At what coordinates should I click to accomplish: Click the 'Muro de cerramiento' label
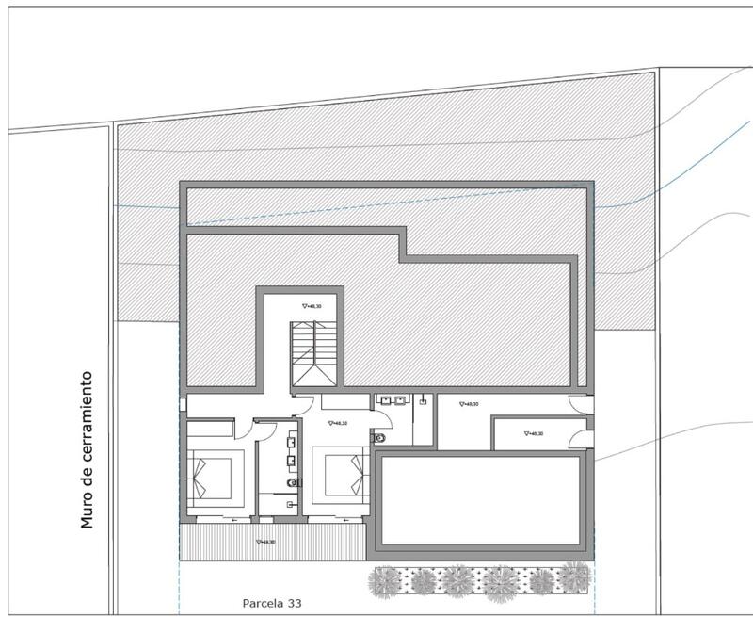pyautogui.click(x=88, y=448)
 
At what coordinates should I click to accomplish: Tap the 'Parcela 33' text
pyautogui.click(x=271, y=600)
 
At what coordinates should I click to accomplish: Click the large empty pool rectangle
pyautogui.click(x=481, y=501)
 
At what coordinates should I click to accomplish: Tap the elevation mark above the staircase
pyautogui.click(x=312, y=306)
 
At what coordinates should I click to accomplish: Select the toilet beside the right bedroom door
pyautogui.click(x=378, y=437)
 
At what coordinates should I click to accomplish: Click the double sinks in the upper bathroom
pyautogui.click(x=393, y=399)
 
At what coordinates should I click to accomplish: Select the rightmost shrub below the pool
pyautogui.click(x=572, y=576)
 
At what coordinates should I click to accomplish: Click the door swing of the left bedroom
pyautogui.click(x=244, y=427)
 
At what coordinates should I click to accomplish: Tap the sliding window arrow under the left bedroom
pyautogui.click(x=230, y=518)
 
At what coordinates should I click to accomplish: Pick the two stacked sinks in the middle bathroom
pyautogui.click(x=290, y=448)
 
